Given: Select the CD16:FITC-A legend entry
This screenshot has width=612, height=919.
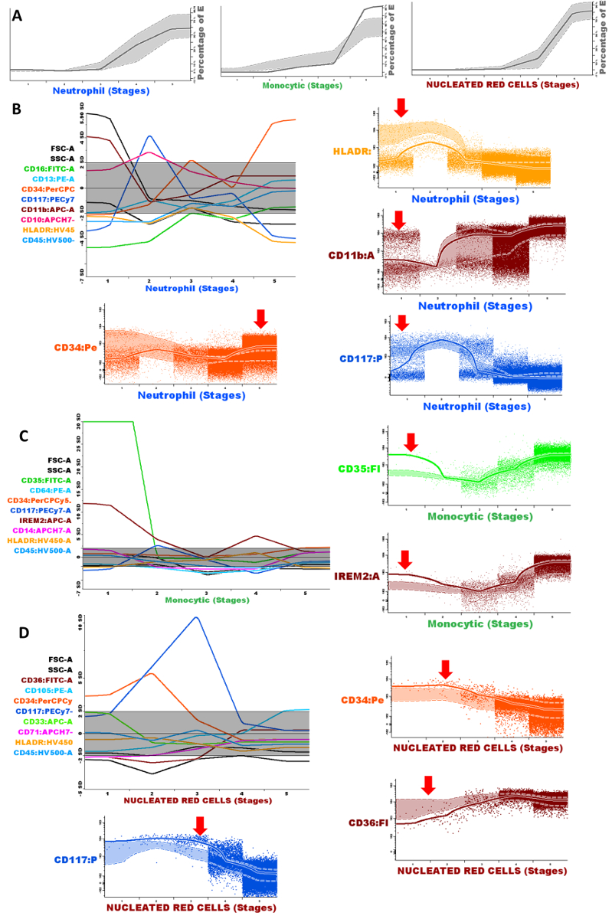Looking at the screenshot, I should click(x=49, y=168).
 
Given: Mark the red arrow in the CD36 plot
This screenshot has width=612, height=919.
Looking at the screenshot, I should click(x=428, y=784).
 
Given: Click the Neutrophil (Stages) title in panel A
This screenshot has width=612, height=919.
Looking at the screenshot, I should click(x=100, y=90).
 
